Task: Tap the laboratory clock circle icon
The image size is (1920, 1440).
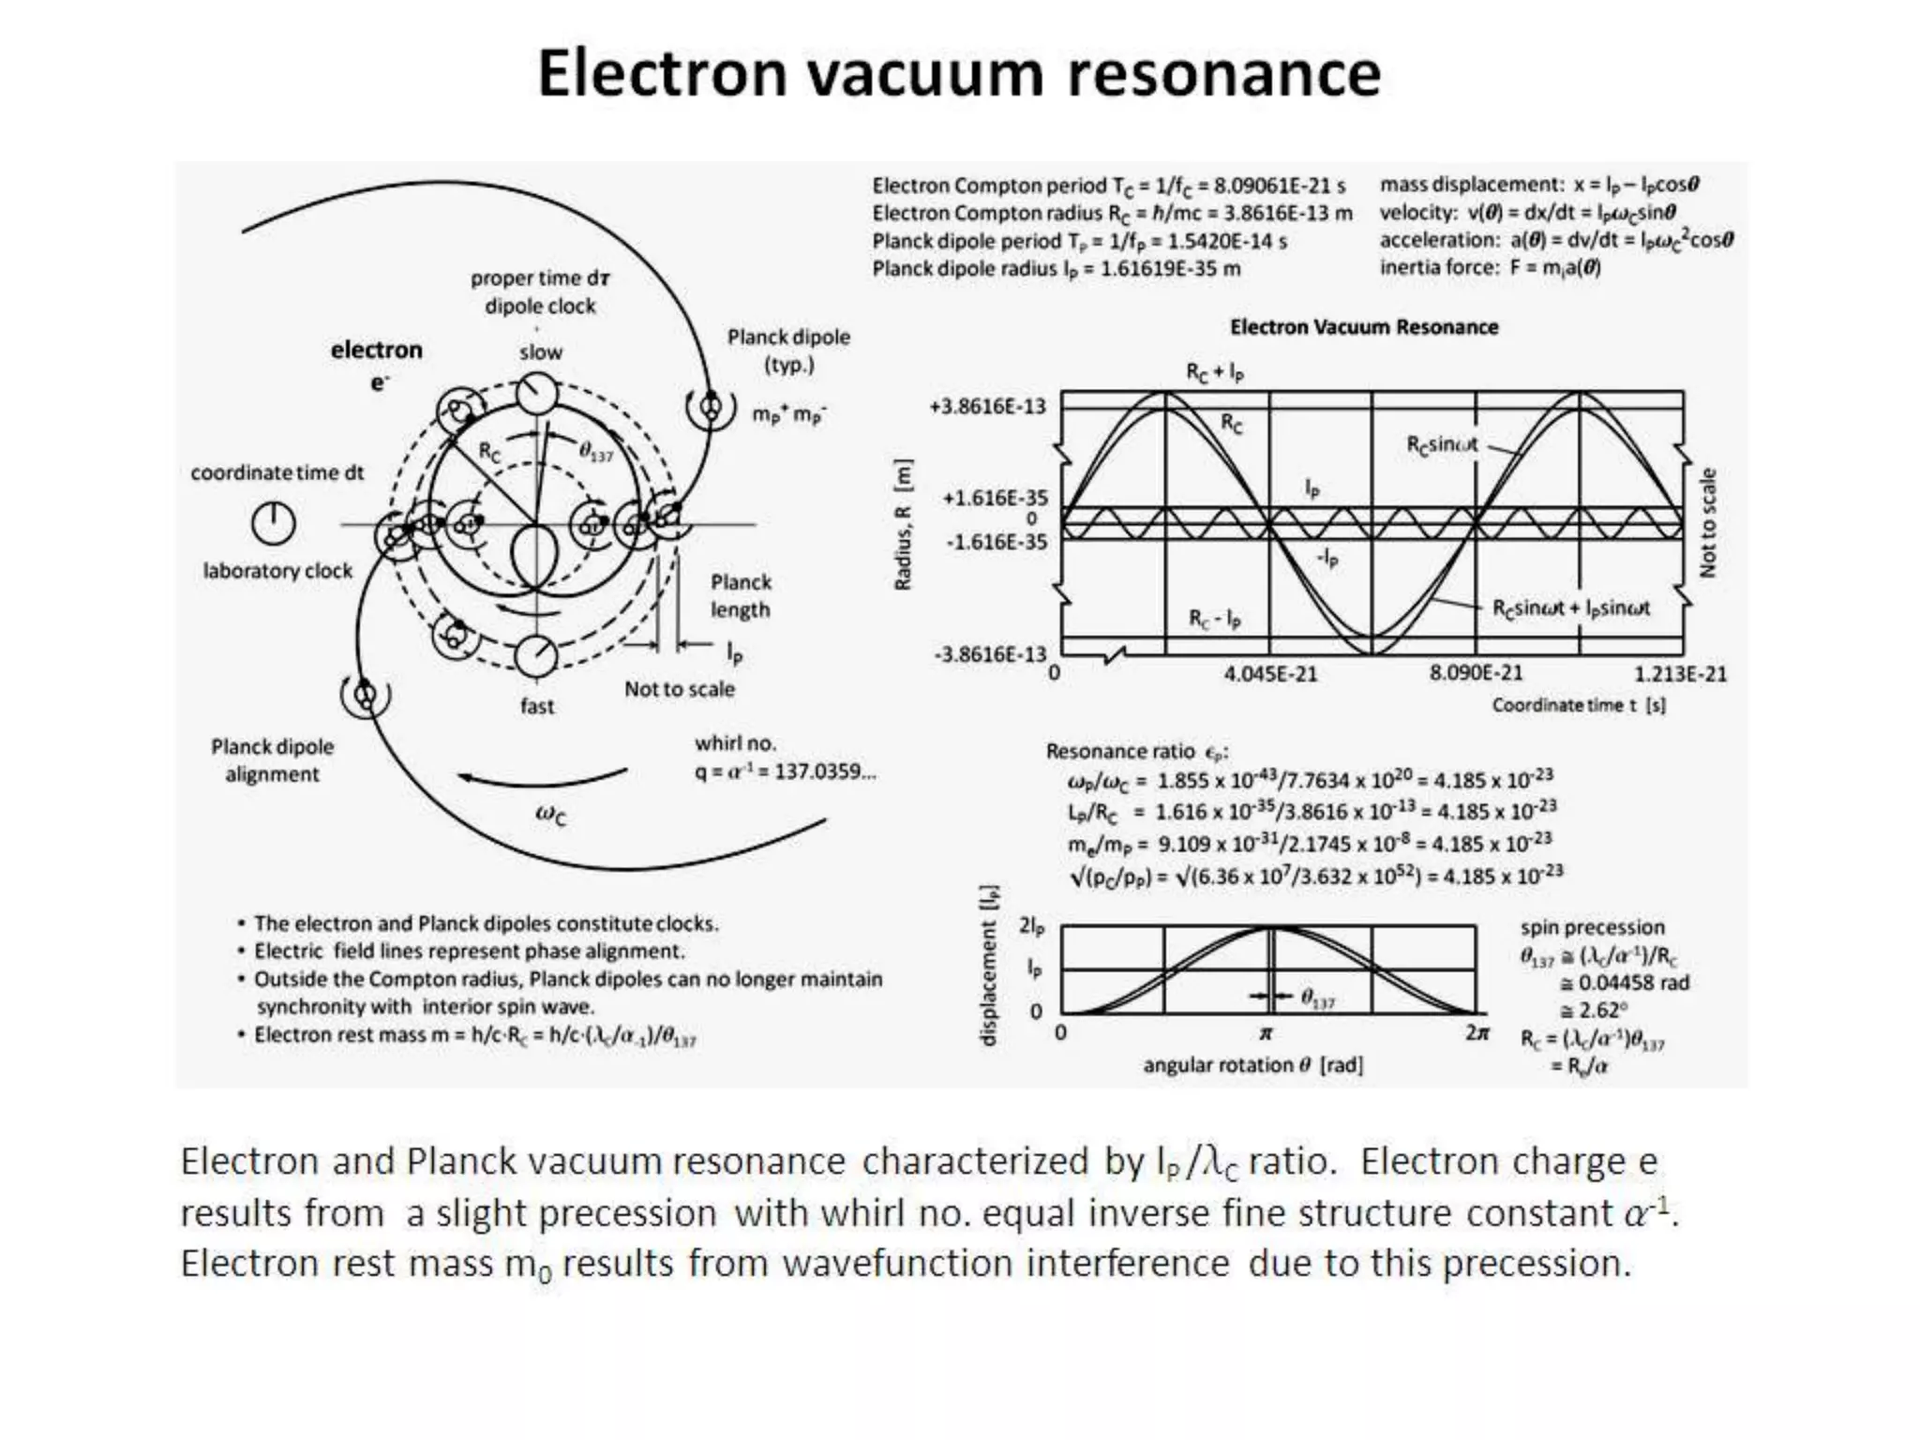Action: pyautogui.click(x=273, y=523)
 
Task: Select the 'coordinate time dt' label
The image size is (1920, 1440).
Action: pyautogui.click(x=277, y=472)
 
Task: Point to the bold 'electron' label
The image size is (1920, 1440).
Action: pyautogui.click(x=376, y=350)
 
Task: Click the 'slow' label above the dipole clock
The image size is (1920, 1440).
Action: pyautogui.click(x=541, y=352)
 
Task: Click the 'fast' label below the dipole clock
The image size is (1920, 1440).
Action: pyautogui.click(x=537, y=706)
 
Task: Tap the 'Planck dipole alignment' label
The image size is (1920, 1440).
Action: pyautogui.click(x=272, y=760)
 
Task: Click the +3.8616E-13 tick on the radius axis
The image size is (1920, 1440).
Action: pyautogui.click(x=987, y=406)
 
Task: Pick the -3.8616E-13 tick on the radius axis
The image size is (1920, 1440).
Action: pyautogui.click(x=989, y=653)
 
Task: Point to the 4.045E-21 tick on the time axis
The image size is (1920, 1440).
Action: pyautogui.click(x=1269, y=674)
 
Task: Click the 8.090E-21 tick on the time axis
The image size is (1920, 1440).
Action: pyautogui.click(x=1476, y=673)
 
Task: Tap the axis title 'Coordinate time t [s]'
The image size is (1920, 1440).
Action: pyautogui.click(x=1579, y=705)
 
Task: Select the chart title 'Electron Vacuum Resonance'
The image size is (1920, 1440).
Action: pyautogui.click(x=1364, y=327)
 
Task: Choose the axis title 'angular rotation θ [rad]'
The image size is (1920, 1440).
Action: pyautogui.click(x=1252, y=1065)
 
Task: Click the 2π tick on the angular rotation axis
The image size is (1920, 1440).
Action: pyautogui.click(x=1477, y=1032)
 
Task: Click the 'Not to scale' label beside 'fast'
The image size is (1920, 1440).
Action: pyautogui.click(x=680, y=689)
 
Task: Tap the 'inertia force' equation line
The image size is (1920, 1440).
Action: pyautogui.click(x=1490, y=268)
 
